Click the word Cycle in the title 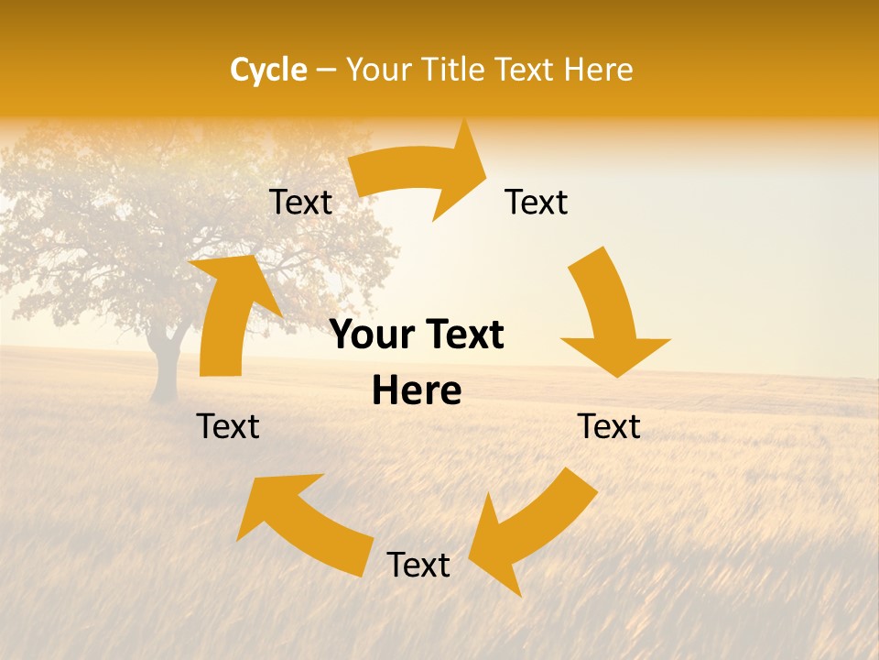(x=268, y=70)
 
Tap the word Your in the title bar (x=378, y=70)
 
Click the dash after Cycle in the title (x=325, y=70)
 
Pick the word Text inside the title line (x=526, y=70)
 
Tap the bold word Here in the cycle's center (x=417, y=391)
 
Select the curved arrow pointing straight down (x=612, y=316)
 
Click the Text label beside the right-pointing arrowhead (x=537, y=202)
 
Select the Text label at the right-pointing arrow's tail (x=300, y=202)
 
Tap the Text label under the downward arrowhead (x=609, y=426)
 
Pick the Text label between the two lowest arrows (x=418, y=566)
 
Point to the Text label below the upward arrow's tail (x=229, y=426)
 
